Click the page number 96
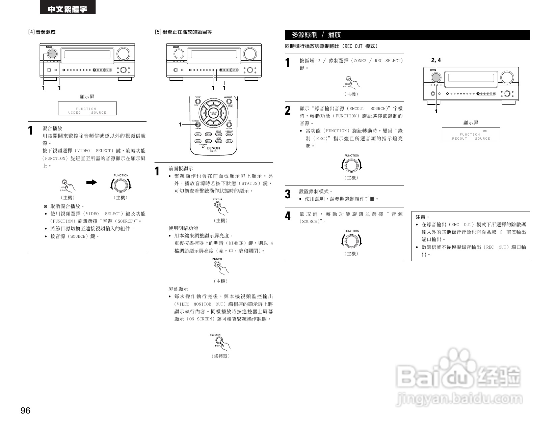pyautogui.click(x=25, y=410)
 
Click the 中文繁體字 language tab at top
pyautogui.click(x=68, y=9)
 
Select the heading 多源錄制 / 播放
pyautogui.click(x=316, y=35)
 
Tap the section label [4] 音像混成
pyautogui.click(x=42, y=32)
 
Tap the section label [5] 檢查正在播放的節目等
pyautogui.click(x=183, y=32)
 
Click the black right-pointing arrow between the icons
pyautogui.click(x=91, y=182)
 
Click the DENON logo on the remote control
pyautogui.click(x=213, y=148)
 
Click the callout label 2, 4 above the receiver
pyautogui.click(x=436, y=60)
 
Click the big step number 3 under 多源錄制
pyautogui.click(x=288, y=194)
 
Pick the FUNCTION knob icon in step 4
pyautogui.click(x=351, y=241)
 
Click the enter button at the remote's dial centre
pyautogui.click(x=213, y=113)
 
